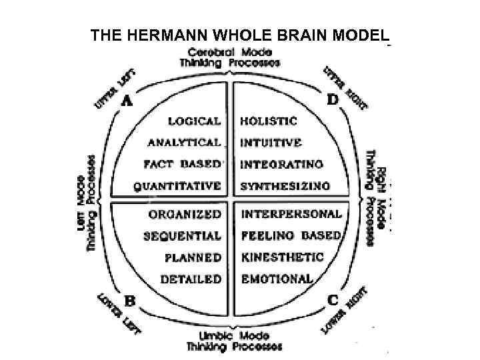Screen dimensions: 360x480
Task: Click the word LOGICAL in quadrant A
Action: (194, 121)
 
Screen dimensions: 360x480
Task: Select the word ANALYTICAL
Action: (184, 143)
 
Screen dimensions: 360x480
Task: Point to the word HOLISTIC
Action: (269, 121)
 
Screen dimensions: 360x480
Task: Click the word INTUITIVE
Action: (271, 143)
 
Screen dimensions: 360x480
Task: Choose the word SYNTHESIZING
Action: (285, 186)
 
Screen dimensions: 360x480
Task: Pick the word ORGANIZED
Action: (185, 215)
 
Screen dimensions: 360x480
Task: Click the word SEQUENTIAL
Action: (182, 236)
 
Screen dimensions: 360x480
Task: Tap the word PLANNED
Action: (193, 257)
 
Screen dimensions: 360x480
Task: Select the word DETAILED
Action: (192, 279)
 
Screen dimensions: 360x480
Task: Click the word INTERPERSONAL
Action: (291, 215)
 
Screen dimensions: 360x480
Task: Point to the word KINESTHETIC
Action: (282, 257)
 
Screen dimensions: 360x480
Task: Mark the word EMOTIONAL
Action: (276, 279)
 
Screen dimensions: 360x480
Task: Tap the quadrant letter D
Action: (332, 99)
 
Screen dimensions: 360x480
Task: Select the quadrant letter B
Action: (130, 301)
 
